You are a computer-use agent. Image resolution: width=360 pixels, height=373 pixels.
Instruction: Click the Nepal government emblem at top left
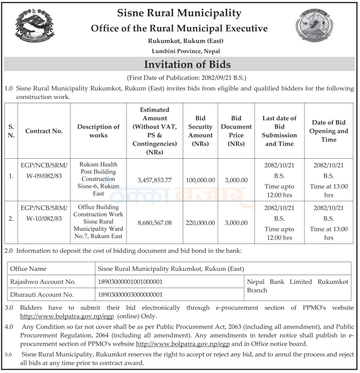35,27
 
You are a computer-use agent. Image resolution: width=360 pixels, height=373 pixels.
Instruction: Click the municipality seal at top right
317,29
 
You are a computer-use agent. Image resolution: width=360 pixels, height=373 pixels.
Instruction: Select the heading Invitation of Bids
180,64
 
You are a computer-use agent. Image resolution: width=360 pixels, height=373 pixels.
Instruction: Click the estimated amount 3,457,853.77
154,180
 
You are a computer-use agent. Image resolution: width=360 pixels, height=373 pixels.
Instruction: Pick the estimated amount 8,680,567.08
154,223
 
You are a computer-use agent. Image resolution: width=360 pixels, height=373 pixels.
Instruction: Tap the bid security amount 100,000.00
200,180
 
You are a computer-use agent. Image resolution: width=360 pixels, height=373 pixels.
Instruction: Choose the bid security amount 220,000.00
200,223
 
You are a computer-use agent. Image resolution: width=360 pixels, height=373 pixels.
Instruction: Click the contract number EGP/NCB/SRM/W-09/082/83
44,170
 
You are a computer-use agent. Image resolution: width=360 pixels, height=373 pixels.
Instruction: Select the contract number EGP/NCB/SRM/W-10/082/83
44,213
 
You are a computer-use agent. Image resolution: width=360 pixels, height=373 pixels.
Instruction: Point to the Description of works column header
98,131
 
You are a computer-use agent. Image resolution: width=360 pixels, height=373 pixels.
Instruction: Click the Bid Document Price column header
236,131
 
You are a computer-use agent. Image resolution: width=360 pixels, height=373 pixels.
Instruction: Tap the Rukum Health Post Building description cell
98,179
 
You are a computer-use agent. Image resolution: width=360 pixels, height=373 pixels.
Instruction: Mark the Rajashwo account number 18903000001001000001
130,281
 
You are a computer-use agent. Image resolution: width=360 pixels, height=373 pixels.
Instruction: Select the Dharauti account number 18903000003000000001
130,295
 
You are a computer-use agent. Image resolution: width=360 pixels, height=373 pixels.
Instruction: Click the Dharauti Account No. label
42,295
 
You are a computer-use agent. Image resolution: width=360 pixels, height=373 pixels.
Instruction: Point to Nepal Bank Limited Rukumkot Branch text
298,286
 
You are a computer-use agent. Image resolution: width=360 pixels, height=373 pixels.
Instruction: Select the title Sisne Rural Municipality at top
180,13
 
